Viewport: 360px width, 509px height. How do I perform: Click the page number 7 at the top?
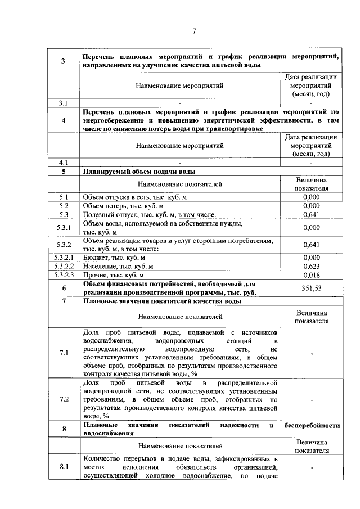[x=194, y=31]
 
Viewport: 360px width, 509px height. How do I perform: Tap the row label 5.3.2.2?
[x=64, y=266]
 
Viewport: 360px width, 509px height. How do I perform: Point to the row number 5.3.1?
[x=64, y=228]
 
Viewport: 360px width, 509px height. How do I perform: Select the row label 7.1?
[x=64, y=353]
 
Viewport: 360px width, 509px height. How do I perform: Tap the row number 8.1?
[x=64, y=467]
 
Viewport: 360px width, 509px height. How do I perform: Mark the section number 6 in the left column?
[x=64, y=288]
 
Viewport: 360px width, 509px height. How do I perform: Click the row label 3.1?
[x=64, y=103]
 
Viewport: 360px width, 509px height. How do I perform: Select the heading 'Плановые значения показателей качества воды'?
[x=162, y=301]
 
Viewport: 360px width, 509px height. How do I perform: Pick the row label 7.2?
[x=64, y=399]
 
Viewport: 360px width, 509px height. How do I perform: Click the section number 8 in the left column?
[x=64, y=429]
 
